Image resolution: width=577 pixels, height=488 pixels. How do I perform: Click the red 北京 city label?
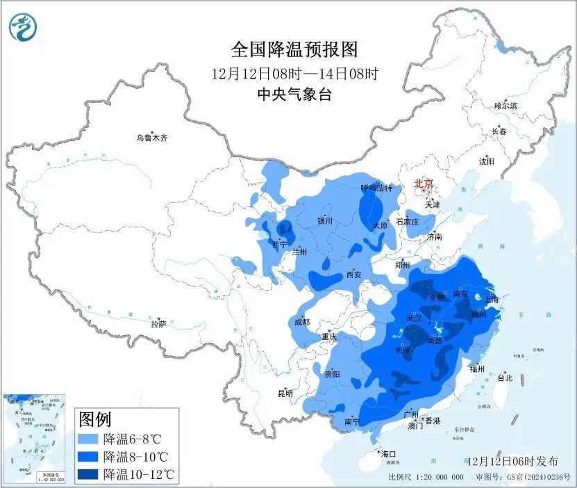tap(424, 184)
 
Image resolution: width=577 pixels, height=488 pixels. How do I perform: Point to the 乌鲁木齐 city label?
tap(152, 138)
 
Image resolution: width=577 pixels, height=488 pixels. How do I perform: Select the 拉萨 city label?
tap(158, 323)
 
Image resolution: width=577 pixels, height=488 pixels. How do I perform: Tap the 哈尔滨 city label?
tap(505, 106)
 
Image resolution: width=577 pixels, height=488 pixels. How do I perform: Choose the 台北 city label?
tap(505, 378)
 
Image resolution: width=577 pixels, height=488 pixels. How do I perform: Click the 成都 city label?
tap(301, 322)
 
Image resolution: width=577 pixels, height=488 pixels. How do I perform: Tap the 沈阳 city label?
tap(487, 161)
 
